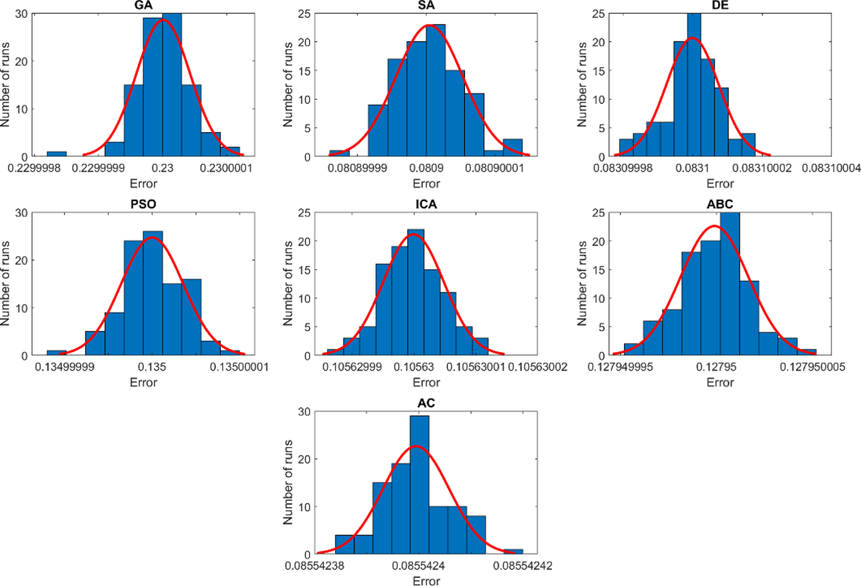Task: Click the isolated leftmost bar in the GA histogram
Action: click(x=57, y=154)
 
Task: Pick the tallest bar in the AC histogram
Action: click(x=419, y=485)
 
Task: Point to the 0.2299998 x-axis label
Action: click(x=34, y=168)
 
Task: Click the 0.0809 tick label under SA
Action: click(x=426, y=168)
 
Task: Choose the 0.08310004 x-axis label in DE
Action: click(x=831, y=168)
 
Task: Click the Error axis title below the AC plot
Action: click(x=426, y=581)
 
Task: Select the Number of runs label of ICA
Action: click(x=288, y=283)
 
